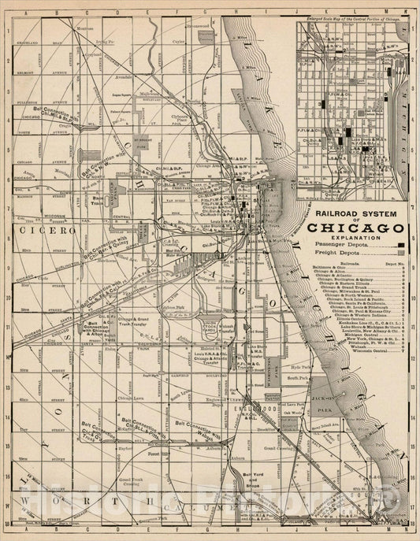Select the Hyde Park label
click(298, 368)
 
